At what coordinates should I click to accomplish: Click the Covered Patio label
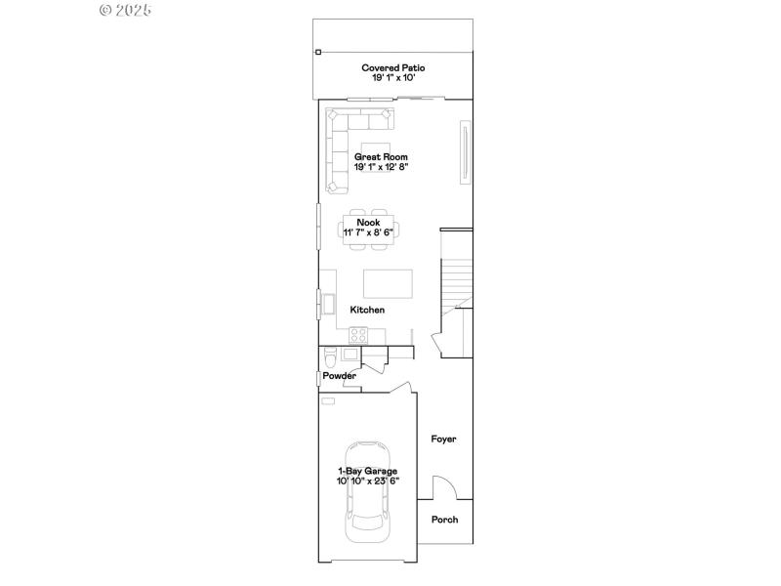(x=392, y=68)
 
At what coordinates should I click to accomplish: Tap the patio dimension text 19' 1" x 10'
(x=392, y=78)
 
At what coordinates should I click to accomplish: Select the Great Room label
(x=381, y=156)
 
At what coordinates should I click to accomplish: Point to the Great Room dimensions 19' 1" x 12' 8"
(x=381, y=167)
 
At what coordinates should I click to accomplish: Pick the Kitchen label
(x=368, y=310)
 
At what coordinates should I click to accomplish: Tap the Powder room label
(x=340, y=376)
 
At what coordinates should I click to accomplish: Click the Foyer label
(x=444, y=439)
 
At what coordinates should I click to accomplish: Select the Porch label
(x=444, y=520)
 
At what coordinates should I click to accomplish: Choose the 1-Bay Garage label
(x=367, y=471)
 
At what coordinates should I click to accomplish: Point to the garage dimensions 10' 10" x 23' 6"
(x=367, y=481)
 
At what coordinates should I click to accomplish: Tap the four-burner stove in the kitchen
(x=357, y=333)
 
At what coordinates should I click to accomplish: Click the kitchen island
(x=388, y=283)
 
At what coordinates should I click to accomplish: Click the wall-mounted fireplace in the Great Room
(x=466, y=151)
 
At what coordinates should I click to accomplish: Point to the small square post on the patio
(x=317, y=52)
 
